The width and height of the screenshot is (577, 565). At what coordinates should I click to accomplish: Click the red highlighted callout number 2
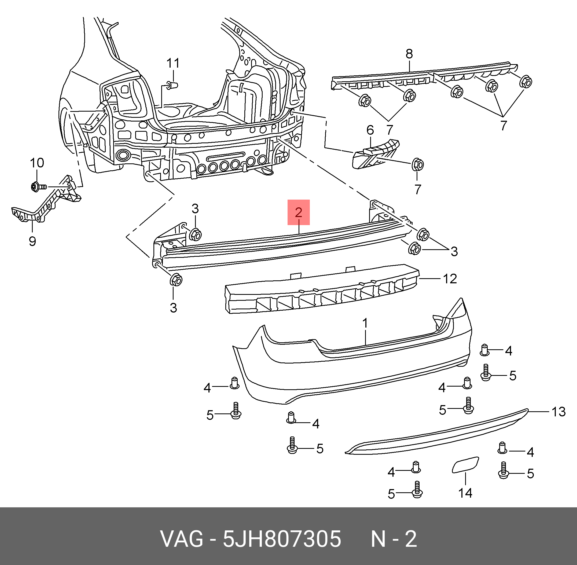point(299,212)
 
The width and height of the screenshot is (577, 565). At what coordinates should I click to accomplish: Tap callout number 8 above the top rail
point(409,54)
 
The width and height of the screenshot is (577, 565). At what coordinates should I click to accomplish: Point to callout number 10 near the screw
point(37,163)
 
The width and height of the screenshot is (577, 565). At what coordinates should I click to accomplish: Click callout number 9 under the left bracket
point(32,241)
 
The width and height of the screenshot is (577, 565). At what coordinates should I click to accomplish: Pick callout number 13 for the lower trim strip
point(558,412)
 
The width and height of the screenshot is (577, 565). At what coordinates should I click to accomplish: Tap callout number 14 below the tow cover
point(465,493)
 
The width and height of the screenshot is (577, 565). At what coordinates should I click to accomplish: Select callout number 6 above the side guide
point(370,130)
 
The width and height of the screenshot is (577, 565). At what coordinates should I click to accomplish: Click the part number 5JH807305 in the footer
point(282,539)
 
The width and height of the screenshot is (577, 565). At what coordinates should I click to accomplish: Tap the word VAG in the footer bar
point(182,539)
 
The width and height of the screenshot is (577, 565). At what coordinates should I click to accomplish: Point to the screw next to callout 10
point(39,187)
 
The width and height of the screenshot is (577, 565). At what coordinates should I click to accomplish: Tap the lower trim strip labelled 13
point(436,434)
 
